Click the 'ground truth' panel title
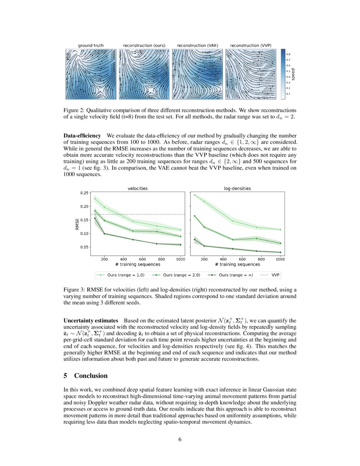point(91,45)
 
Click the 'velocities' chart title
point(138,189)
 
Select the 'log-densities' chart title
point(237,189)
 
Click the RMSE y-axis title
point(77,223)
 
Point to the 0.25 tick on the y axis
point(84,193)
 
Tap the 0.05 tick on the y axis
point(84,247)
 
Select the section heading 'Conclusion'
point(91,376)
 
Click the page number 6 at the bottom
point(180,439)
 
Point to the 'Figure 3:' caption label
point(76,290)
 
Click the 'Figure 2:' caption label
point(76,109)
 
